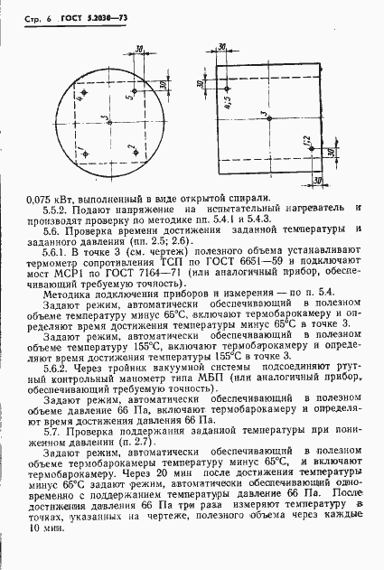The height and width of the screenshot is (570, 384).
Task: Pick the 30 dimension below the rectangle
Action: tap(320, 181)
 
